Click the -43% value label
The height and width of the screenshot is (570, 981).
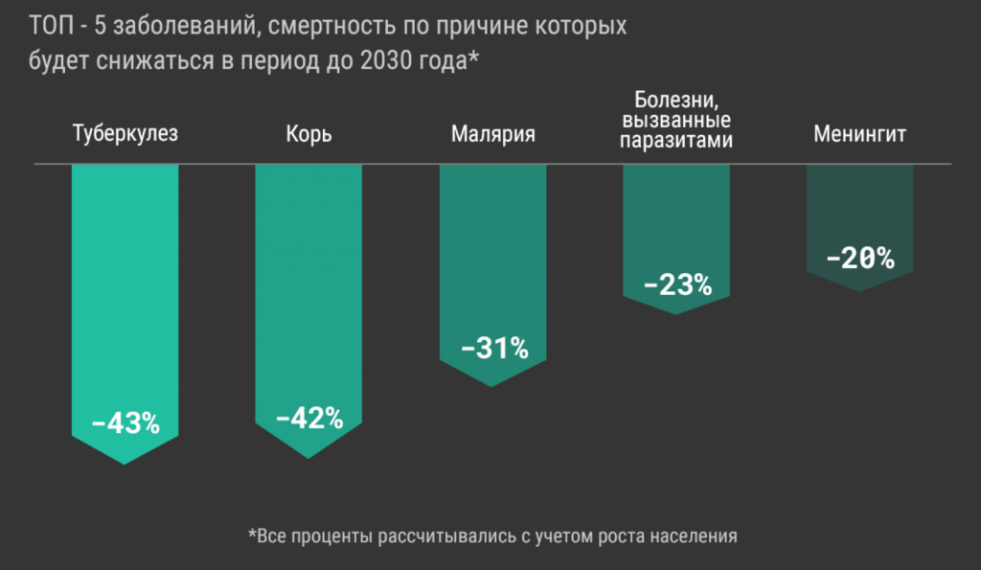(x=125, y=422)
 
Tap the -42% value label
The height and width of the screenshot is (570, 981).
(x=308, y=418)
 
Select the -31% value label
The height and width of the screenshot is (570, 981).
(x=493, y=348)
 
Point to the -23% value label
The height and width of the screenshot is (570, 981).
(x=677, y=285)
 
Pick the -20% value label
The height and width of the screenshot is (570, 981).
(x=860, y=258)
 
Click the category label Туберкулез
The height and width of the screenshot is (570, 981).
(x=125, y=133)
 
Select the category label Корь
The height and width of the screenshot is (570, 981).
(x=308, y=133)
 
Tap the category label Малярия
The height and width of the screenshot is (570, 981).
(x=492, y=133)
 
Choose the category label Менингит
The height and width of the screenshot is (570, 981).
(x=859, y=133)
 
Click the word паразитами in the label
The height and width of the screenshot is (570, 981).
(x=676, y=141)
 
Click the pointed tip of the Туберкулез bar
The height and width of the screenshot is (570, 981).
(x=125, y=463)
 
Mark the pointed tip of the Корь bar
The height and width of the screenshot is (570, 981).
(x=308, y=457)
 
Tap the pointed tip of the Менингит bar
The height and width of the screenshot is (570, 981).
(x=860, y=290)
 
